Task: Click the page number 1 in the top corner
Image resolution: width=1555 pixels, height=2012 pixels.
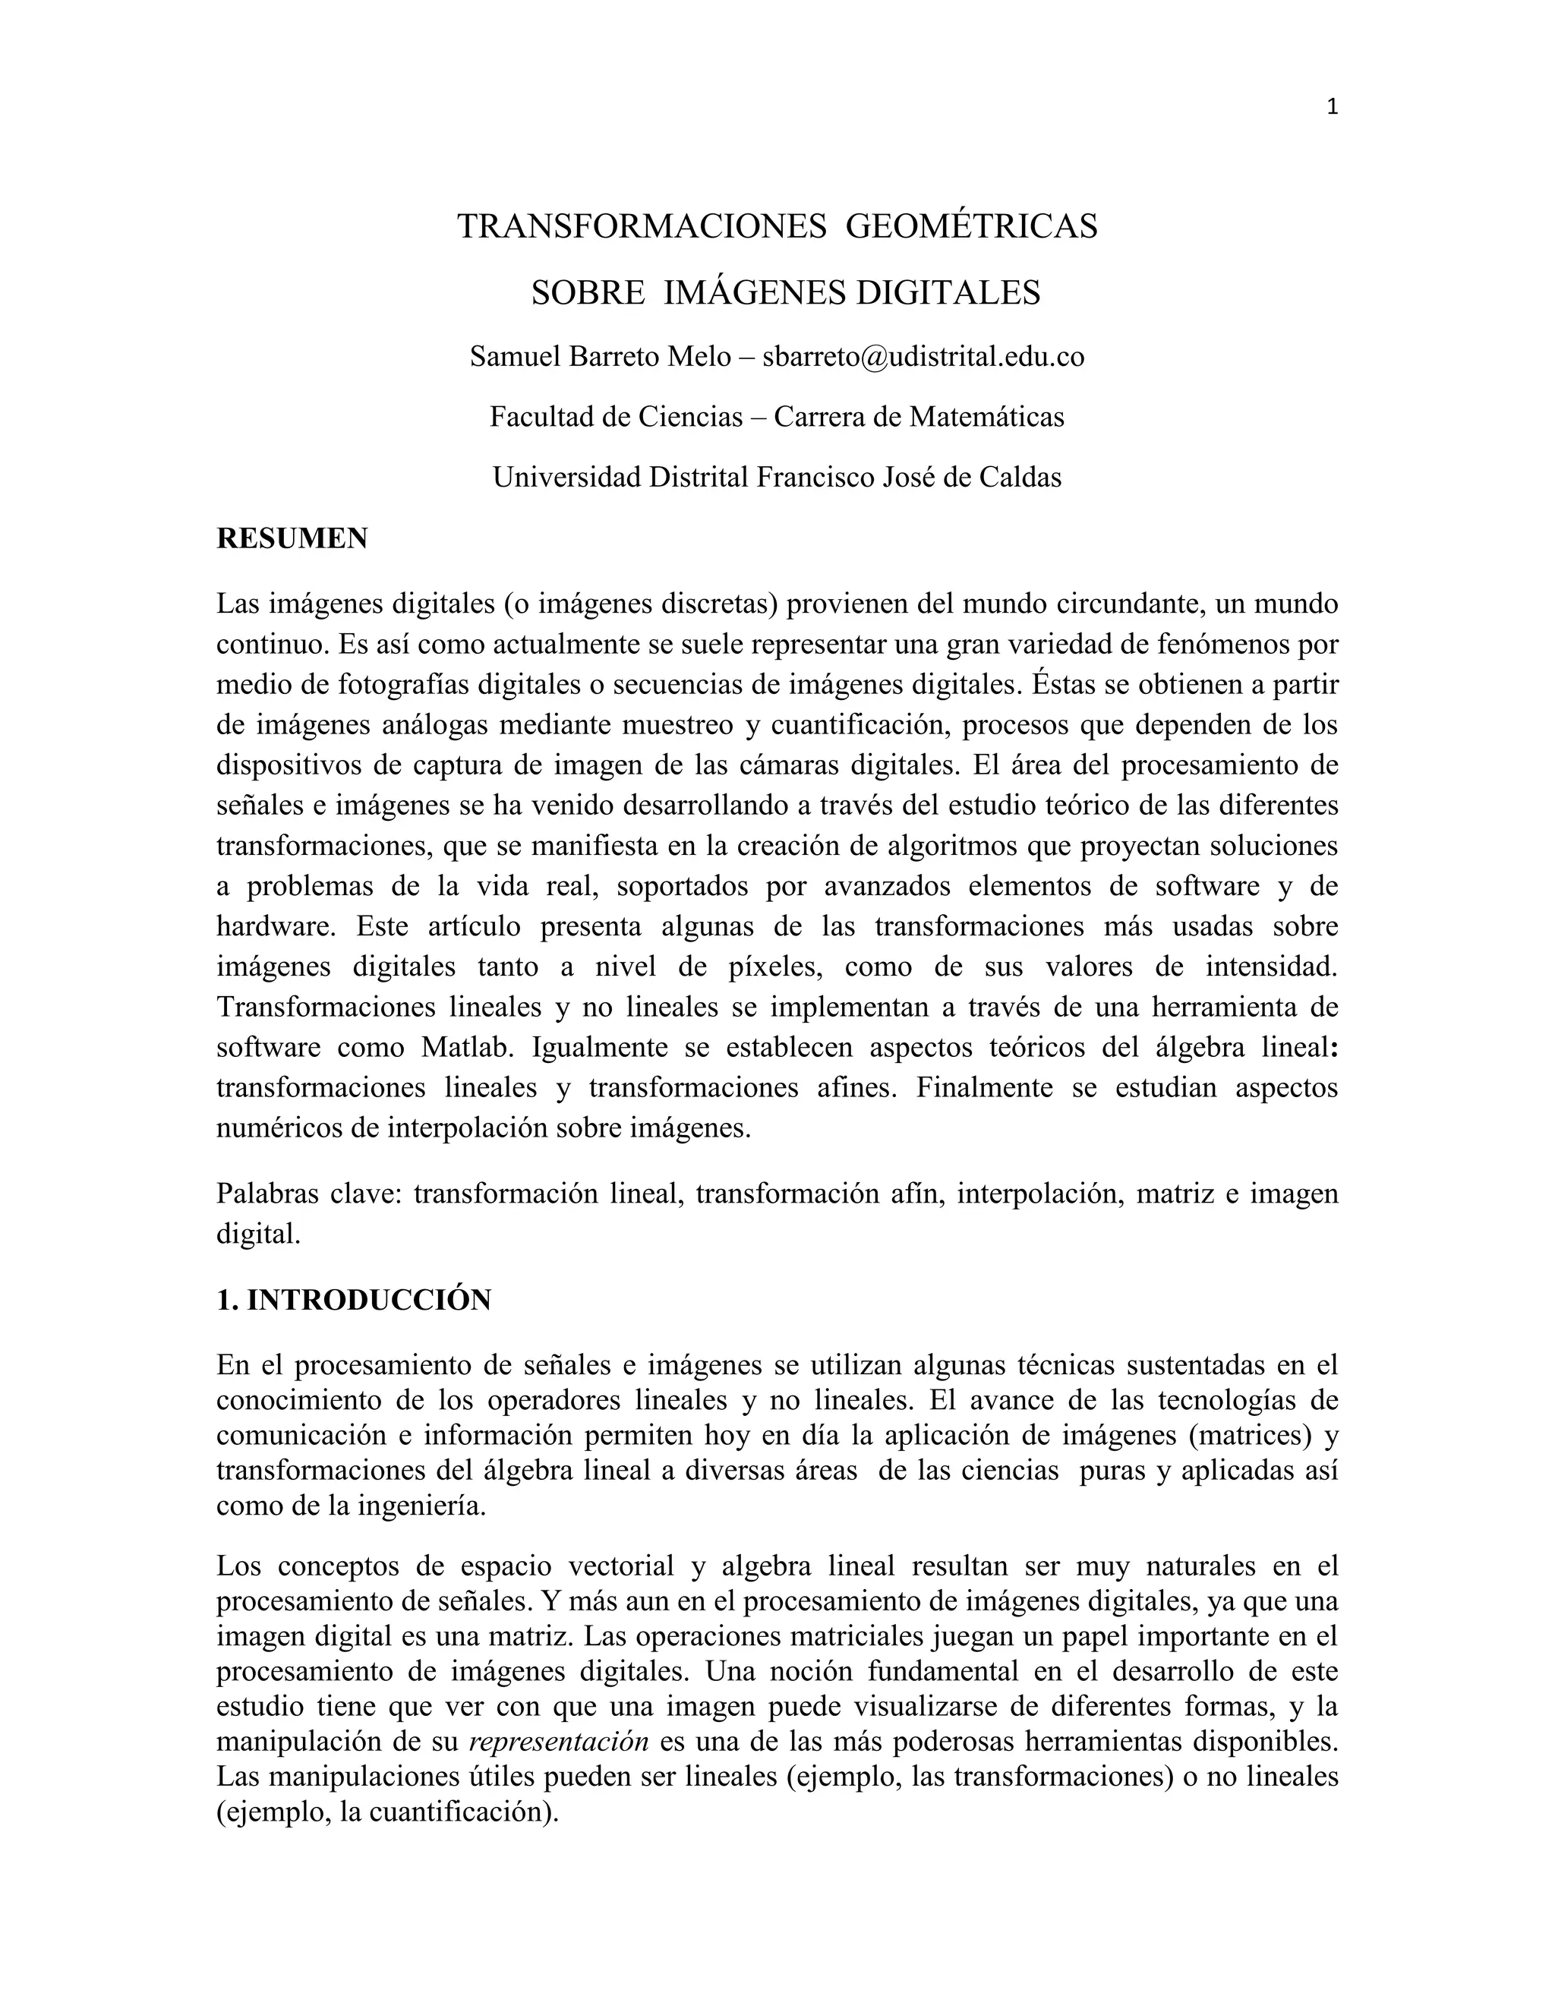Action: (1332, 108)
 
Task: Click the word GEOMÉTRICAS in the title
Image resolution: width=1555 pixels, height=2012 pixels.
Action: (971, 226)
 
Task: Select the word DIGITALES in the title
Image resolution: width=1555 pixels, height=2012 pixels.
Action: (949, 293)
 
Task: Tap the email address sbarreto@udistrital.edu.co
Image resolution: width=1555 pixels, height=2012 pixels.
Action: (923, 357)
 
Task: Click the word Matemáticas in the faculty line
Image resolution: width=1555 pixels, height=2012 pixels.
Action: (986, 418)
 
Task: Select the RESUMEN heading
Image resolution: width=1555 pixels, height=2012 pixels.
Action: (292, 539)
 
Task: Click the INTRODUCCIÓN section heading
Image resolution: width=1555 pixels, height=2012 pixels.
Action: (368, 1300)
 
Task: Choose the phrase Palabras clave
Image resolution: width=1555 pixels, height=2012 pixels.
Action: (308, 1194)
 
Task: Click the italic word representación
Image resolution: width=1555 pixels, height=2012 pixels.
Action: (559, 1742)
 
